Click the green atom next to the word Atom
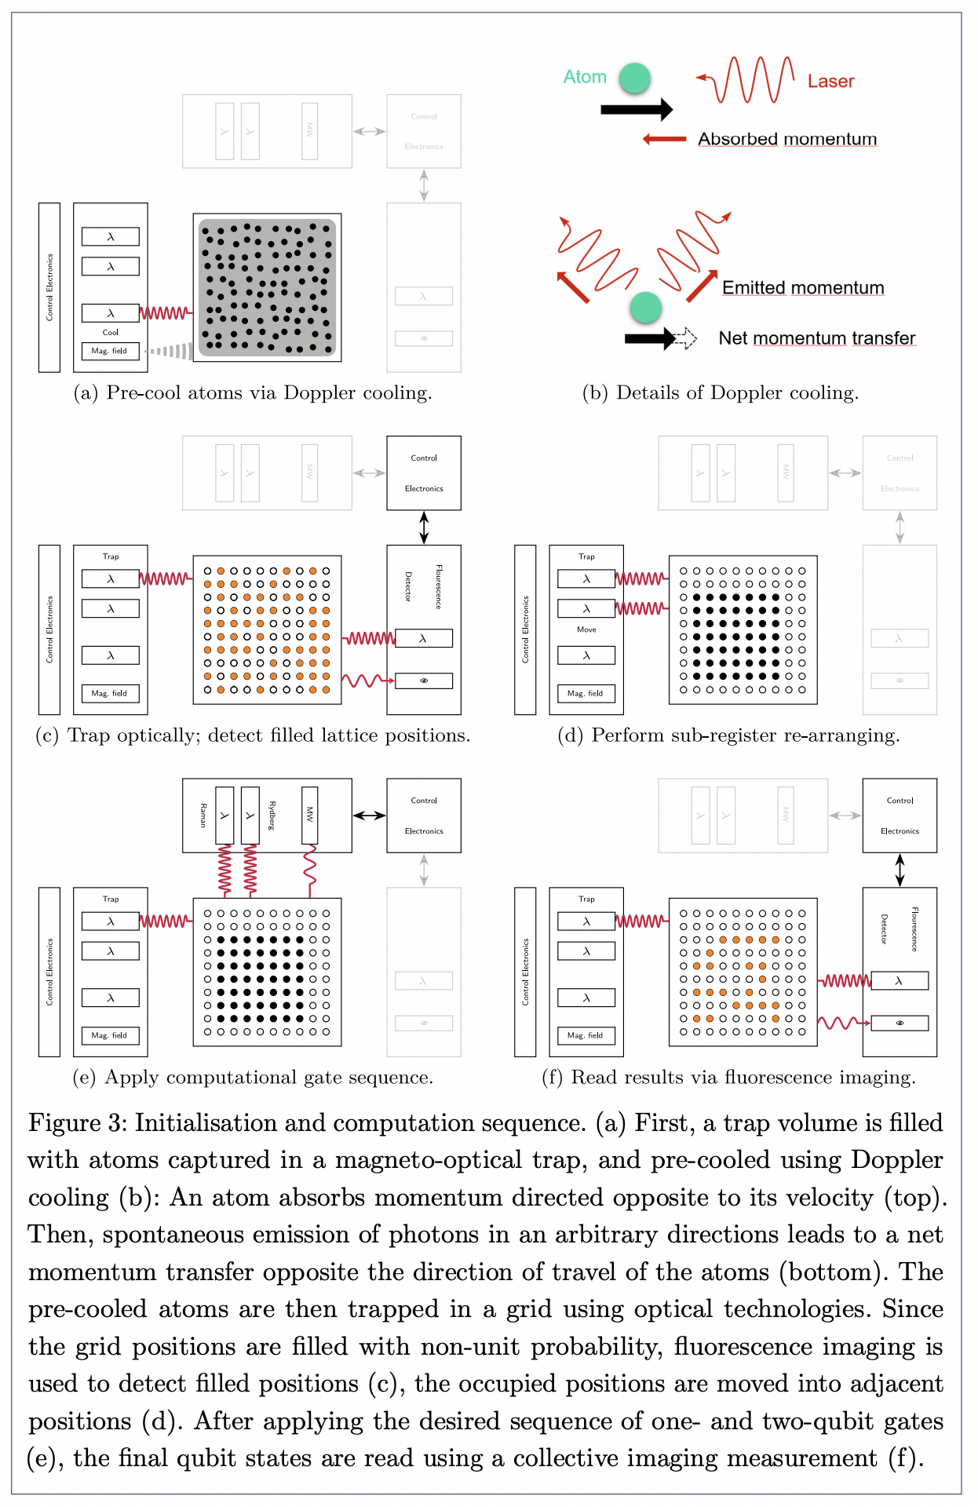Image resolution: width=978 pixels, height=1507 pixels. point(634,78)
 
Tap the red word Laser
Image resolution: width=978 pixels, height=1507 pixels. point(830,82)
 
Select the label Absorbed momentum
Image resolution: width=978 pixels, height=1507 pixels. point(787,139)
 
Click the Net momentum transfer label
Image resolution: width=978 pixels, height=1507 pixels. point(816,338)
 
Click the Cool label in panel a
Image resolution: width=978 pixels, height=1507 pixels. point(111,332)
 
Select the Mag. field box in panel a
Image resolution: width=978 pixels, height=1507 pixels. point(110,351)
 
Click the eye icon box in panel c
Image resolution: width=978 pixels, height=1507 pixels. point(424,681)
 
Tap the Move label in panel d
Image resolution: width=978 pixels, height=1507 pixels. point(586,629)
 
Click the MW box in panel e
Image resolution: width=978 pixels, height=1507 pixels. point(310,815)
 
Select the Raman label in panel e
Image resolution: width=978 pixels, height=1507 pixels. point(203,816)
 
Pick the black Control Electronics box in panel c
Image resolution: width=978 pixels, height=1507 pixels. point(424,473)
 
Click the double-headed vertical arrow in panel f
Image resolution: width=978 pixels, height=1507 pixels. point(900,870)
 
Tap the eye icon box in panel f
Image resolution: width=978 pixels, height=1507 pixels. point(900,1023)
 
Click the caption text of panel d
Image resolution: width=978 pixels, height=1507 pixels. point(728,735)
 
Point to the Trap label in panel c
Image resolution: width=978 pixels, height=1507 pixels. point(111,556)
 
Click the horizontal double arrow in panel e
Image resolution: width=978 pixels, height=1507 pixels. point(369,816)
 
